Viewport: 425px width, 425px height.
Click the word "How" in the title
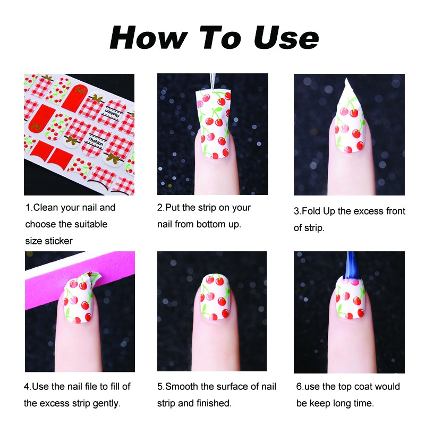tap(149, 37)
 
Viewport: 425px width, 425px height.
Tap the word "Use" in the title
tap(286, 37)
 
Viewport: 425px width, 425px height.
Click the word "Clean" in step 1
tap(46, 208)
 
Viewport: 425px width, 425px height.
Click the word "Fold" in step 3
tap(311, 211)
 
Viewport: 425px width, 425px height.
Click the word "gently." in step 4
tap(107, 404)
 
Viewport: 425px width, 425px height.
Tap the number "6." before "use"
tap(300, 387)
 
